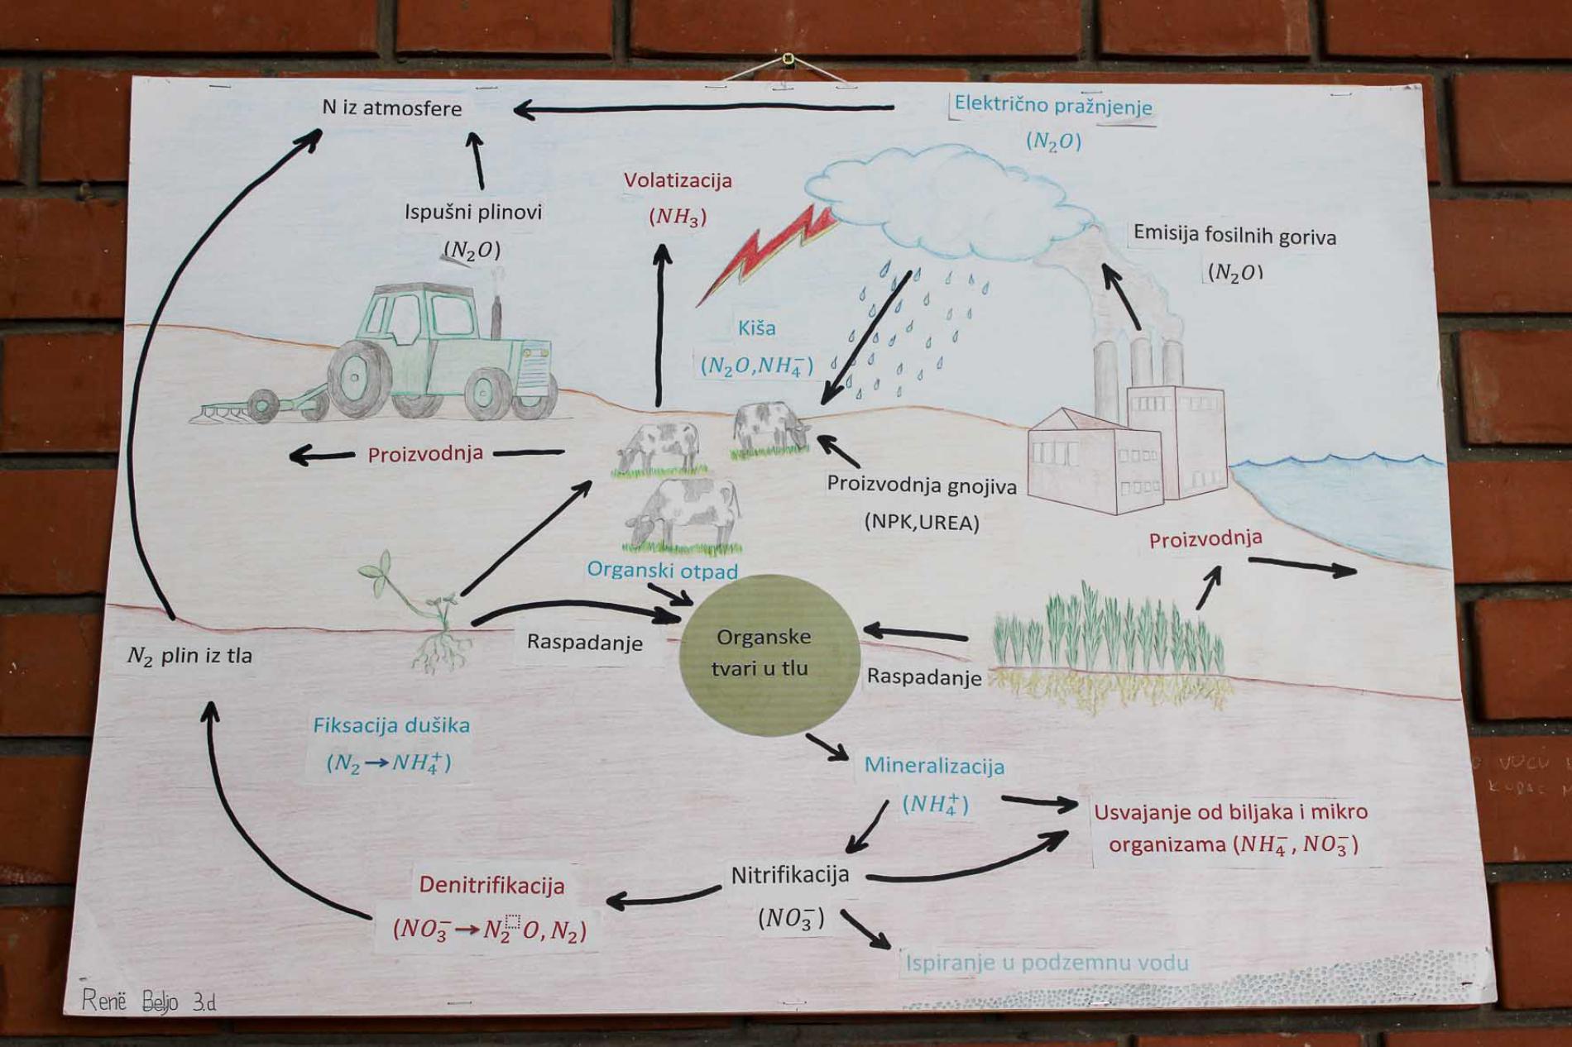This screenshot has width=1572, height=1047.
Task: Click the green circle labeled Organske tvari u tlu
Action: (x=768, y=654)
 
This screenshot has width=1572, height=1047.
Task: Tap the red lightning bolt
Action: (x=765, y=252)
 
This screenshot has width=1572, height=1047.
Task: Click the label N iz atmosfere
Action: (x=391, y=108)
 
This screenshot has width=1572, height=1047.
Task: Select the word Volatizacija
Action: (x=678, y=180)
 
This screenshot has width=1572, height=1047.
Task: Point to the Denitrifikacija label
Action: (x=491, y=885)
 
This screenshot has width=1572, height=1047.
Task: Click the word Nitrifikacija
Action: (x=789, y=874)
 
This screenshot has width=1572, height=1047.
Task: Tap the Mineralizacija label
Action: (x=934, y=766)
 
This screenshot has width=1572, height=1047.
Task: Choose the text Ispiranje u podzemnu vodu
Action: (x=1047, y=963)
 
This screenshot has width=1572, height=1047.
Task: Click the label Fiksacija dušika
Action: (x=391, y=725)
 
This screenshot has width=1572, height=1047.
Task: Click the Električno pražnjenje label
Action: (x=1052, y=105)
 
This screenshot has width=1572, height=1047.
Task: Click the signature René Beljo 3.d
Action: (x=149, y=1002)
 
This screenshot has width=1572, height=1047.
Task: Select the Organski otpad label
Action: (x=662, y=570)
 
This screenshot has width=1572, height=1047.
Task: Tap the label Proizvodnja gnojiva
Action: (x=922, y=485)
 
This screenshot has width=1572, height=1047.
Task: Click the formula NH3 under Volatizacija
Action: (x=678, y=217)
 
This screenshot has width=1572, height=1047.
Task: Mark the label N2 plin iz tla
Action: (x=189, y=656)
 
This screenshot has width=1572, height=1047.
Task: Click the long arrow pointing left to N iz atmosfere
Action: (x=703, y=108)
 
